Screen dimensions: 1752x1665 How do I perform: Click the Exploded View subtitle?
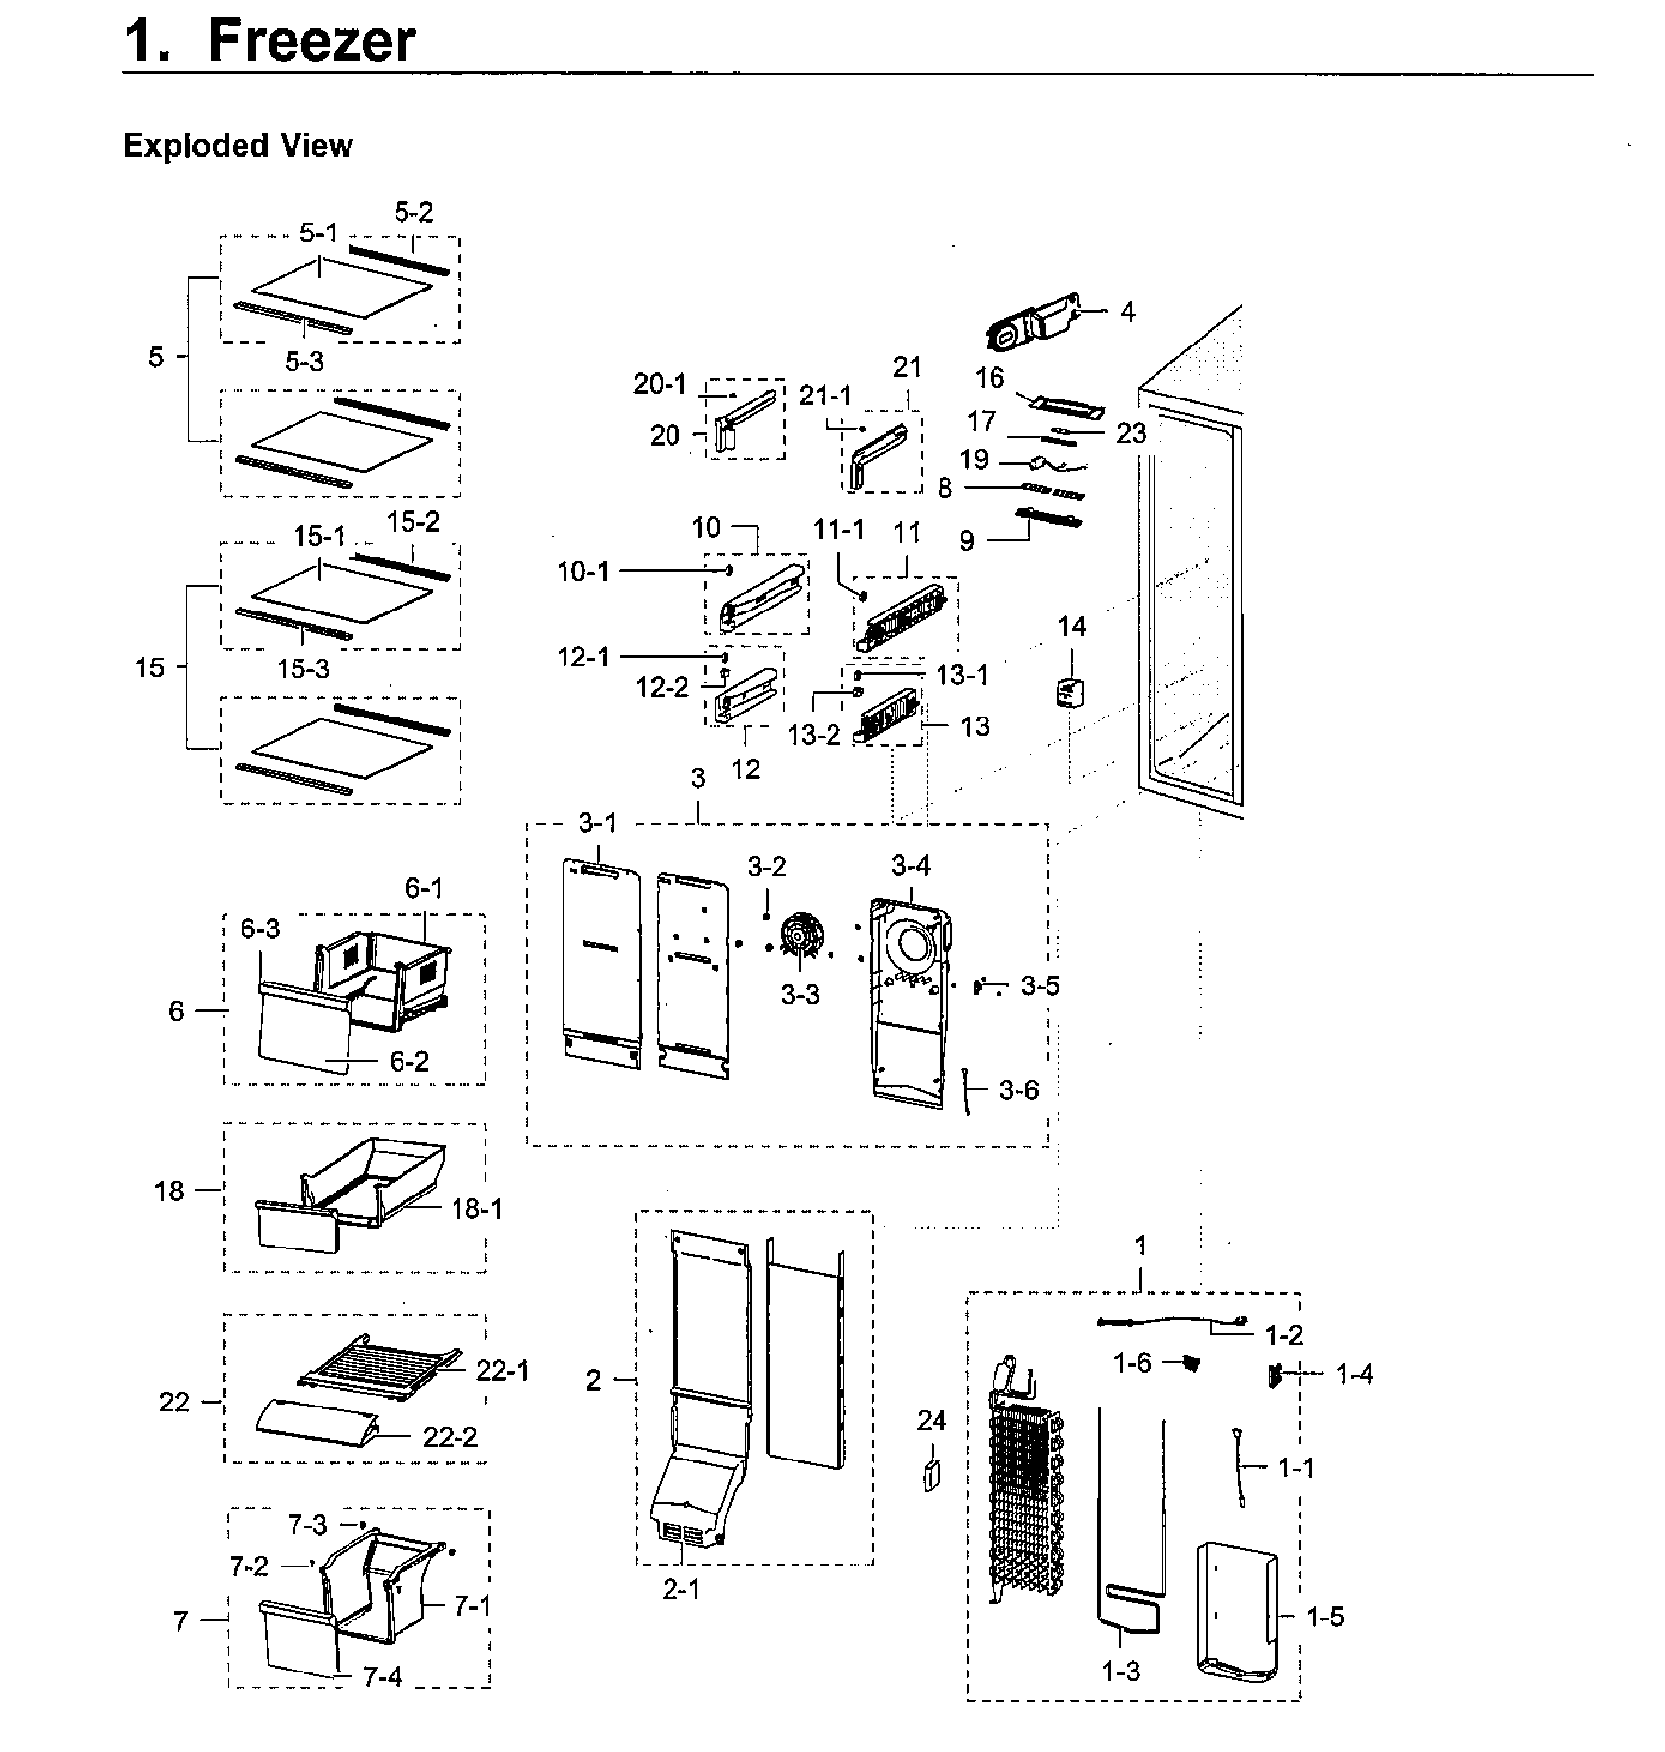coord(237,145)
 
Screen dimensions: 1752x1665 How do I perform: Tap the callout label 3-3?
coord(800,995)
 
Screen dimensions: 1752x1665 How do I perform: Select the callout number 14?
coord(1072,626)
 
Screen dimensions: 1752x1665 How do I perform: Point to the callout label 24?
coord(932,1420)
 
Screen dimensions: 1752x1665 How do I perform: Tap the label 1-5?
coord(1324,1617)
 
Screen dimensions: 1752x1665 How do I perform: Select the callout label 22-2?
coord(450,1437)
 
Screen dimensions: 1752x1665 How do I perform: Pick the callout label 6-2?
coord(408,1061)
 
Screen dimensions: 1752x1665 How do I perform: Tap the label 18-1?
coord(477,1209)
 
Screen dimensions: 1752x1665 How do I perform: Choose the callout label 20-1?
coord(661,384)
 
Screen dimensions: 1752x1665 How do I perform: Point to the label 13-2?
coord(814,734)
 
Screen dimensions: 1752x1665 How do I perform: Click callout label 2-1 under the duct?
coord(681,1589)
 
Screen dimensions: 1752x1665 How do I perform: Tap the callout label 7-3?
coord(307,1525)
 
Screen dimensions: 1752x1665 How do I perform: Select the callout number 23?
coord(1131,433)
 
